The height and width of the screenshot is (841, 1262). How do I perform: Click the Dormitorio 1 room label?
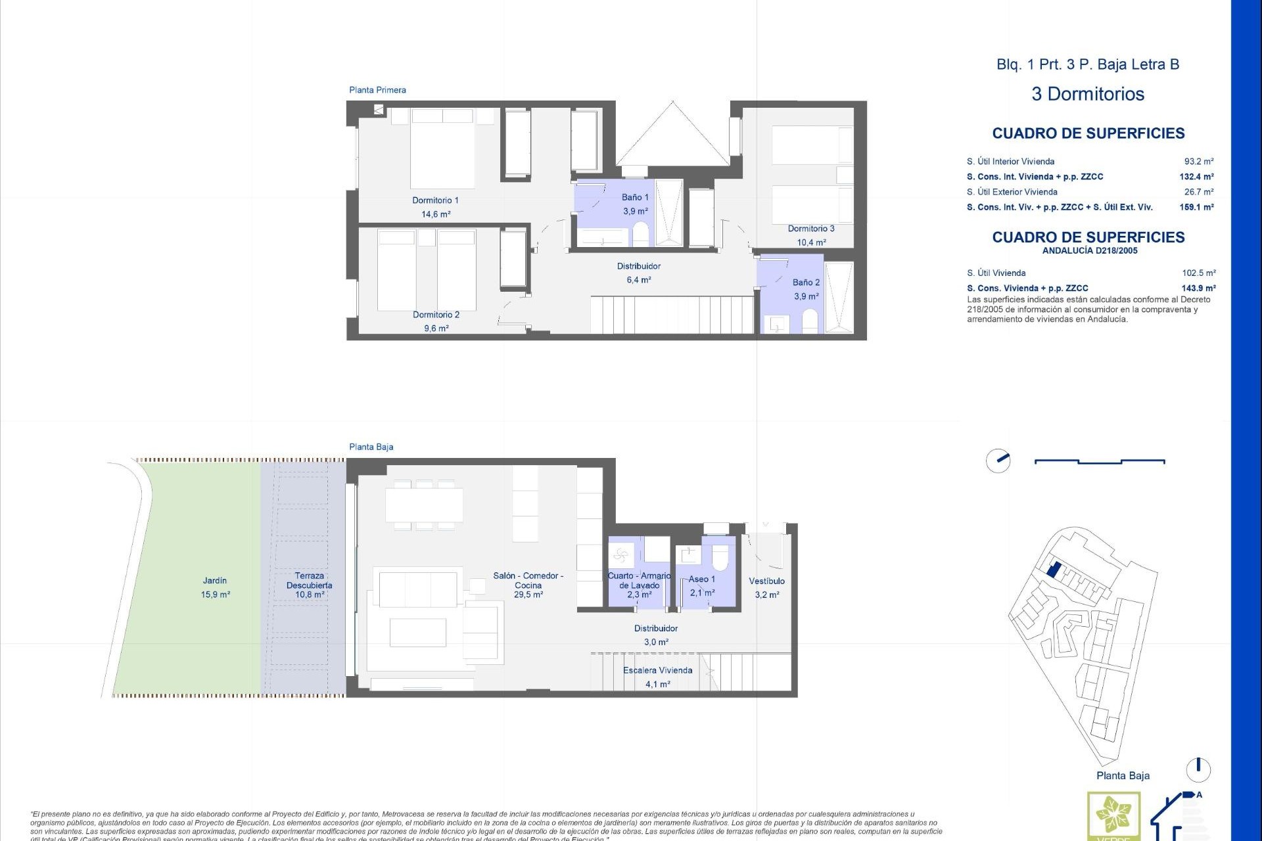pyautogui.click(x=435, y=200)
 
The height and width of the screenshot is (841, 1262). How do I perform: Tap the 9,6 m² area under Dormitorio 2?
pyautogui.click(x=436, y=329)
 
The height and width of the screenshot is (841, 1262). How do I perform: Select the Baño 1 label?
pyautogui.click(x=635, y=197)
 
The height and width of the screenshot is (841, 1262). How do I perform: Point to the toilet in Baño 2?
pyautogui.click(x=810, y=322)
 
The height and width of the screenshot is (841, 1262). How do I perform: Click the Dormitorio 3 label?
pyautogui.click(x=811, y=229)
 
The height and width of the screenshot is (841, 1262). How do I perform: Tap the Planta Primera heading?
pyautogui.click(x=377, y=90)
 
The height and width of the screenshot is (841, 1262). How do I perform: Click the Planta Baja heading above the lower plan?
pyautogui.click(x=371, y=447)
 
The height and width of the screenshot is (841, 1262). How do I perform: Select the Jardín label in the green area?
pyautogui.click(x=215, y=581)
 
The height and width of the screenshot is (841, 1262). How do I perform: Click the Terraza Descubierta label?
pyautogui.click(x=309, y=580)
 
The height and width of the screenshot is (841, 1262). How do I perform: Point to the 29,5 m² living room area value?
pyautogui.click(x=528, y=595)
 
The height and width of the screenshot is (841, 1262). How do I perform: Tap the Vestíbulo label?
pyautogui.click(x=766, y=581)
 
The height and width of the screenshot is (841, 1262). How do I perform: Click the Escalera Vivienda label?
pyautogui.click(x=657, y=671)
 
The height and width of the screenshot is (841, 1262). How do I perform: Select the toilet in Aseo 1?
pyautogui.click(x=720, y=558)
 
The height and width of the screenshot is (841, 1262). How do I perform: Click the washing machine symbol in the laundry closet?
pyautogui.click(x=621, y=557)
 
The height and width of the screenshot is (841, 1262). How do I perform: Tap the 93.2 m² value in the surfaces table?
pyautogui.click(x=1198, y=162)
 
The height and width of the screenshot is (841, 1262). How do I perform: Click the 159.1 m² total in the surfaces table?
pyautogui.click(x=1196, y=208)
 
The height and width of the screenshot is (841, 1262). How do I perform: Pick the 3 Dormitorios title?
pyautogui.click(x=1088, y=94)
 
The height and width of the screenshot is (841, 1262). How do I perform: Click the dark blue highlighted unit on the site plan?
pyautogui.click(x=1053, y=569)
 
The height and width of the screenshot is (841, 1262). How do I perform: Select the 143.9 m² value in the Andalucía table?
pyautogui.click(x=1198, y=288)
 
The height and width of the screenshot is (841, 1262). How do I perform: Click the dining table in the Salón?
pyautogui.click(x=424, y=505)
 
